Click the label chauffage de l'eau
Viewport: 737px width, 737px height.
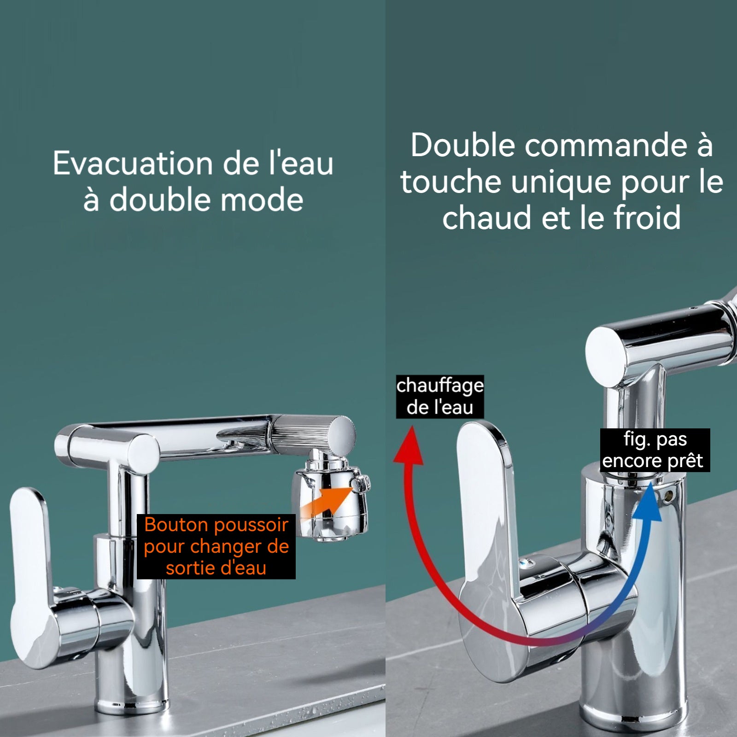[x=440, y=397]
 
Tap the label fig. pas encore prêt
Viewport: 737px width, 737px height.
[x=655, y=450]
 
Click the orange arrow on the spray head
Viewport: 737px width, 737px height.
[x=328, y=502]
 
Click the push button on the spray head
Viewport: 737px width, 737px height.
[x=361, y=483]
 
